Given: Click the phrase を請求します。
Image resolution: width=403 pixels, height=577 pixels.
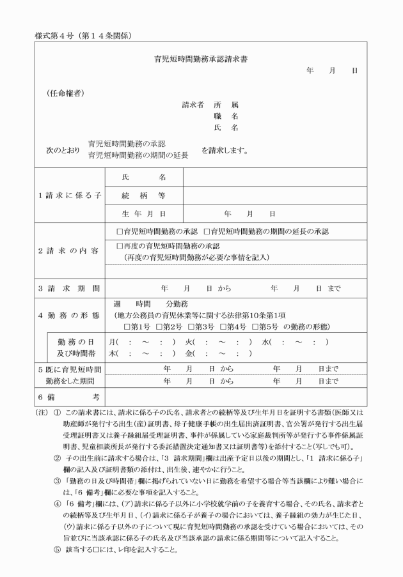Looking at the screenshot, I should pyautogui.click(x=225, y=151).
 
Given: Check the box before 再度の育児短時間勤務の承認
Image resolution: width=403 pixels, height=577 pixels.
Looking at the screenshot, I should pyautogui.click(x=120, y=245).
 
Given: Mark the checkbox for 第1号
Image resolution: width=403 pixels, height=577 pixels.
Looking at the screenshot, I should pyautogui.click(x=127, y=327).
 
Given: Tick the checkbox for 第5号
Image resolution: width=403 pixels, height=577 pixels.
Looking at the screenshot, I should pyautogui.click(x=256, y=327).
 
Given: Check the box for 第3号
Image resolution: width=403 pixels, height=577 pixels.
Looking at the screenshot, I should pyautogui.click(x=191, y=327).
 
